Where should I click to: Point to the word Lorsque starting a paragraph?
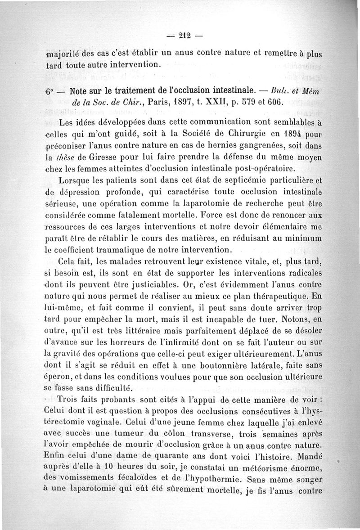75,180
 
